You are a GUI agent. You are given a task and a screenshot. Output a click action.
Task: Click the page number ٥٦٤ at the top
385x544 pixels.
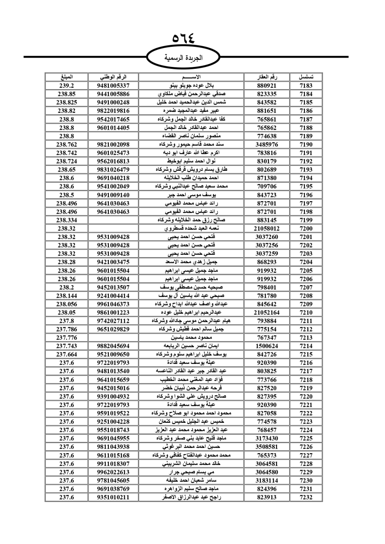pos(184,38)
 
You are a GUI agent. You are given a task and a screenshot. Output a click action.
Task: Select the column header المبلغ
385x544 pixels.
pos(67,77)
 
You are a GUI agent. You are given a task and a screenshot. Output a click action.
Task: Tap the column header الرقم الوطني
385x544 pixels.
pos(113,77)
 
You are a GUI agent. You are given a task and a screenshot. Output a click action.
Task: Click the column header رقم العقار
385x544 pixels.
pos(267,77)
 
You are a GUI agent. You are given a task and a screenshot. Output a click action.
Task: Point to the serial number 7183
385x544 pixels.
pos(306,85)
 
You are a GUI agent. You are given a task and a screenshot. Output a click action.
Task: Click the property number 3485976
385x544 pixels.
pos(267,144)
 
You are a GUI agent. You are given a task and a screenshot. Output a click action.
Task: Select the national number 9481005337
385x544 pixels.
pos(113,85)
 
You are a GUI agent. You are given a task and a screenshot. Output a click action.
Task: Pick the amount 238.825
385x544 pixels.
pos(67,102)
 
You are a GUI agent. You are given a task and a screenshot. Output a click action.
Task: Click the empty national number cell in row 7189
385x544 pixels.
pos(113,136)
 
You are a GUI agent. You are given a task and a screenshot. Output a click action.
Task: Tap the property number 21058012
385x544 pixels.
pos(267,229)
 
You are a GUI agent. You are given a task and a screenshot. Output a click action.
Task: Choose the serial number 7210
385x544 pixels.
pos(306,312)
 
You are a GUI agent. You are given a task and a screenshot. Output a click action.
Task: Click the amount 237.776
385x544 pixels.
pos(67,337)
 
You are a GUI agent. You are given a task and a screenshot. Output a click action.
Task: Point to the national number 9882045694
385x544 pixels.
pos(113,346)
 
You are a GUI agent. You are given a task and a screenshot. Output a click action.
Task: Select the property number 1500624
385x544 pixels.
pos(267,346)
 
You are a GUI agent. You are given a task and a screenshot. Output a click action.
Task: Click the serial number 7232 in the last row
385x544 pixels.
pos(306,497)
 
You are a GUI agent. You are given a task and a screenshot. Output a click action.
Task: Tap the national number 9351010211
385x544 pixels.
pos(113,497)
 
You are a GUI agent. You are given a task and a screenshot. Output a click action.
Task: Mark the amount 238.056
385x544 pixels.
pos(67,304)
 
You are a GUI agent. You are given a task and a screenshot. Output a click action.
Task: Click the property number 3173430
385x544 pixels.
pos(267,438)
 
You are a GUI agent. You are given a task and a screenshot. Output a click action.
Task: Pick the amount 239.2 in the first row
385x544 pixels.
pos(67,85)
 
